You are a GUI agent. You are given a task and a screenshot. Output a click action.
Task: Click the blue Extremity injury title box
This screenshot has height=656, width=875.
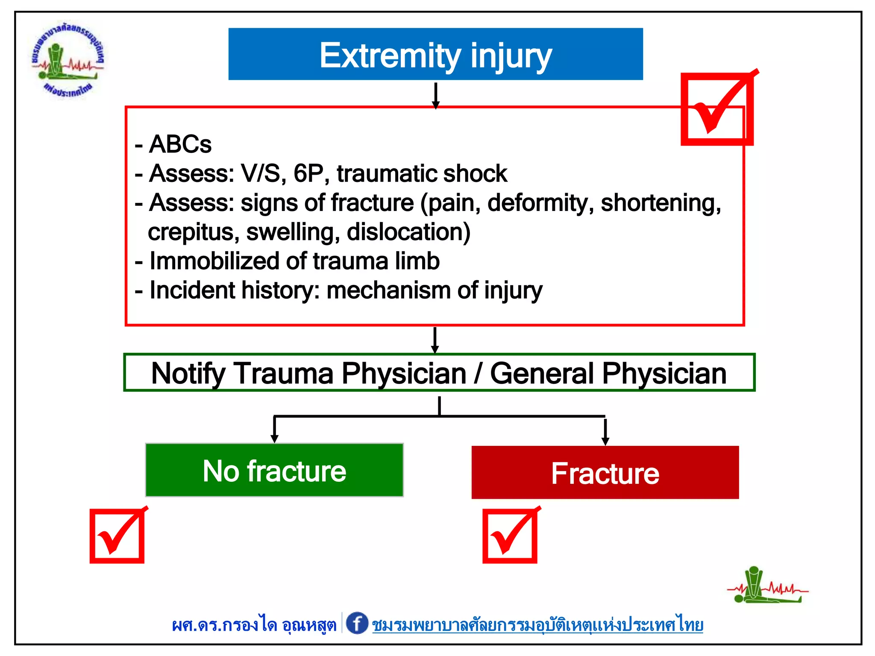tap(435, 54)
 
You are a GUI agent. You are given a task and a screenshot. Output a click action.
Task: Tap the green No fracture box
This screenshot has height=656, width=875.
tap(274, 470)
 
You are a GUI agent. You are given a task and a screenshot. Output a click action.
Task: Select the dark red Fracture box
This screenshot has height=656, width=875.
tap(605, 473)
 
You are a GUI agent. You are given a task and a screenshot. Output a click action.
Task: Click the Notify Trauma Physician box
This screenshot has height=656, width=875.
tap(439, 373)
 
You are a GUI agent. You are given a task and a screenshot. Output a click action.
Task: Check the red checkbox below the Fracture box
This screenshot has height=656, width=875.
tap(510, 536)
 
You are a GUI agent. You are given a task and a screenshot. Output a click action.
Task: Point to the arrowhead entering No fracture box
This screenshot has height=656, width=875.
tap(275, 438)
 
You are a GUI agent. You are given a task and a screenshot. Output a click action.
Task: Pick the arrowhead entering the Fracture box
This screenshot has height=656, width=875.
tap(605, 441)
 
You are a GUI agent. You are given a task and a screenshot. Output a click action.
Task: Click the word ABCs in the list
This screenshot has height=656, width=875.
tap(180, 144)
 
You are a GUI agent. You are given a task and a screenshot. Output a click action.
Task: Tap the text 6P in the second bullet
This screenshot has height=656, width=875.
tap(308, 173)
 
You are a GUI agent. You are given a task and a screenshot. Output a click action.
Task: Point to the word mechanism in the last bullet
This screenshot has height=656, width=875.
tap(388, 290)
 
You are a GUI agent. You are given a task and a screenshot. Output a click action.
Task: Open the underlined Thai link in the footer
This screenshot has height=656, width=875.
tap(537, 625)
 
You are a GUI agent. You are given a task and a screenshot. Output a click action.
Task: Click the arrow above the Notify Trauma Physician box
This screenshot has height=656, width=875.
tap(435, 340)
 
